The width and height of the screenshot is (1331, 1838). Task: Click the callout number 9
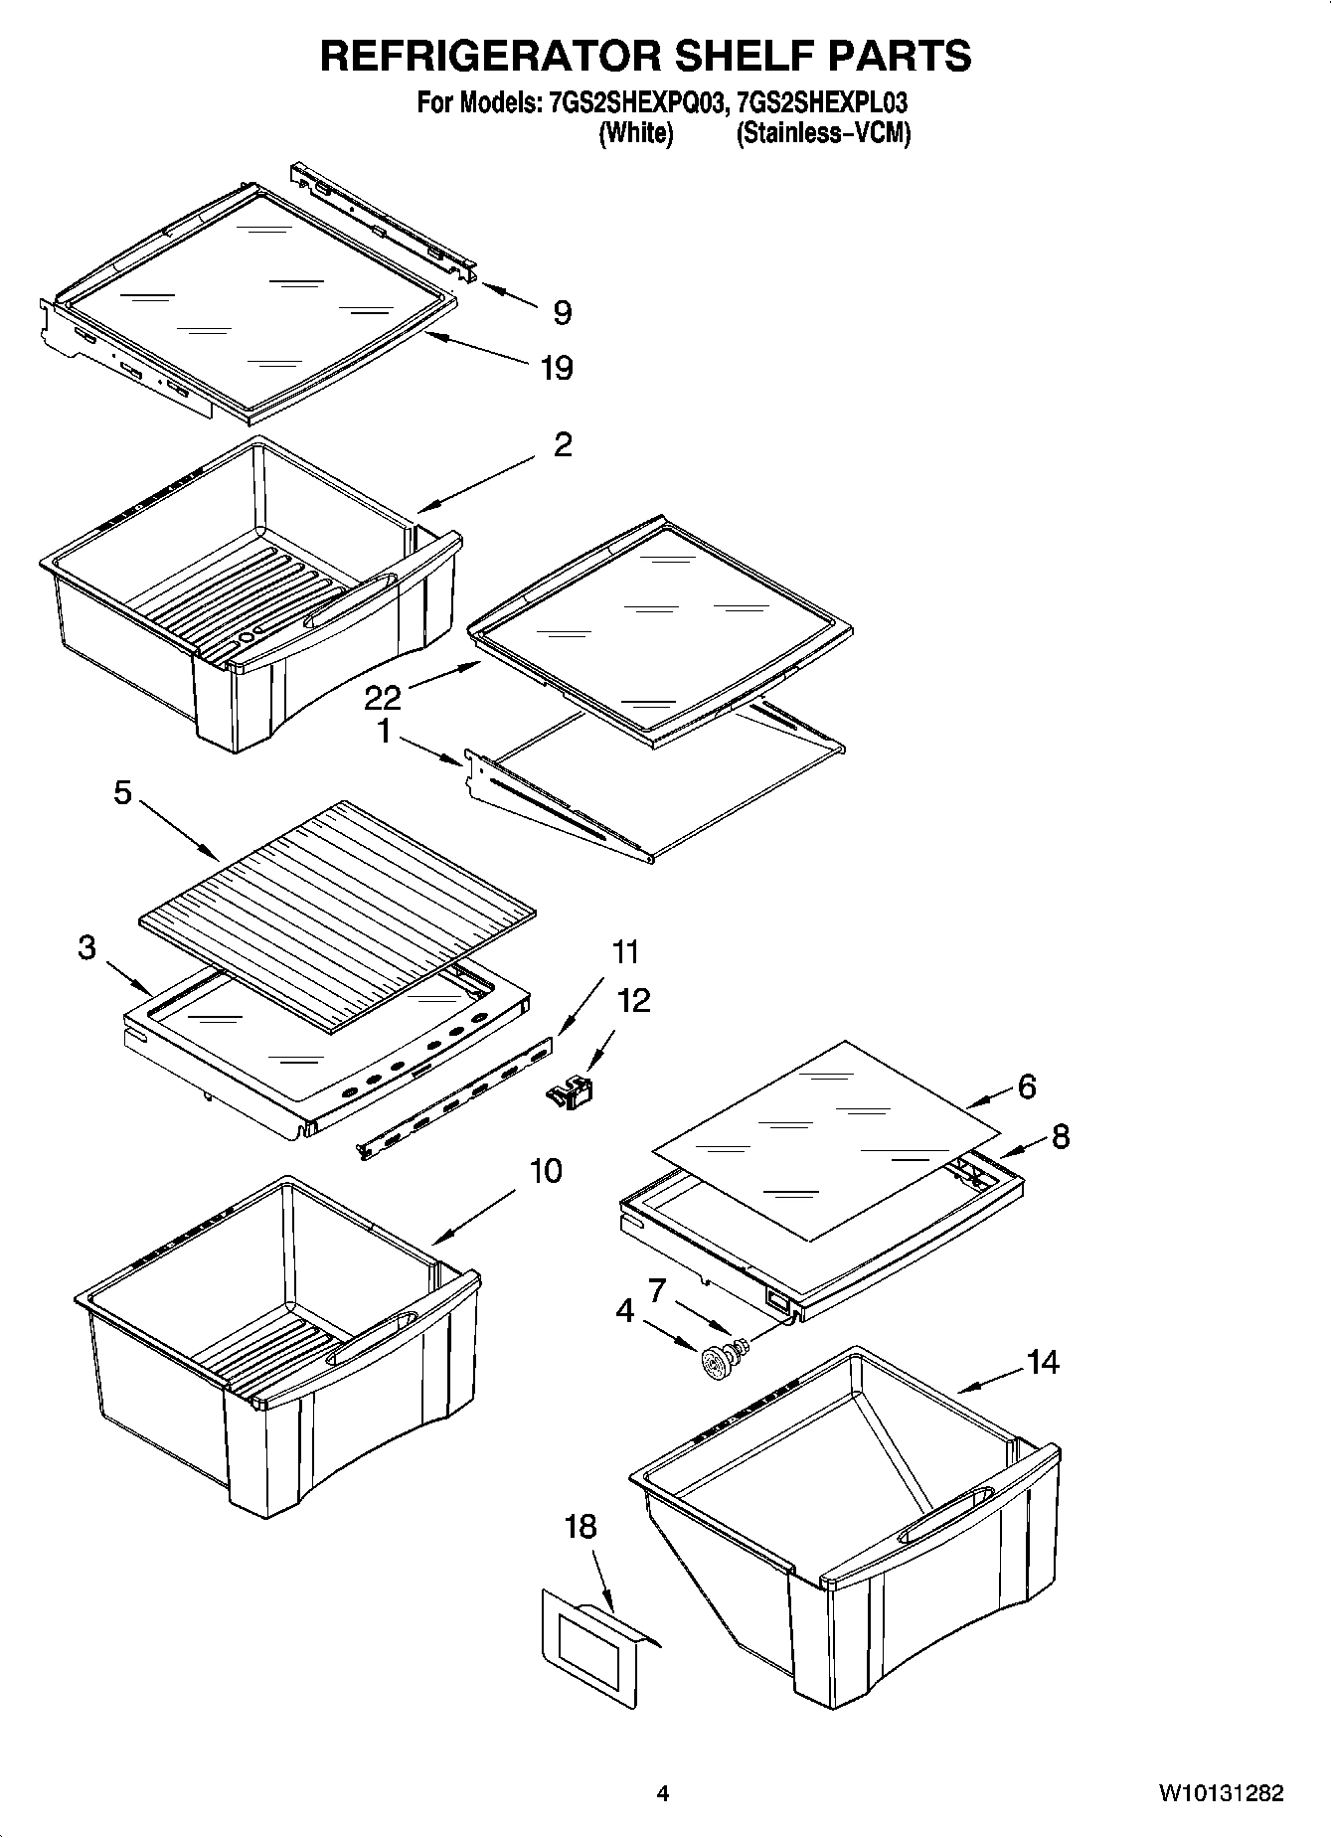(x=563, y=313)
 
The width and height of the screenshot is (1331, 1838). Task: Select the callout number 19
(x=557, y=369)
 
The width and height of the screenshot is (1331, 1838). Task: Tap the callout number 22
(x=383, y=697)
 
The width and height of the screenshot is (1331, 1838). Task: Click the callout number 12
(x=634, y=999)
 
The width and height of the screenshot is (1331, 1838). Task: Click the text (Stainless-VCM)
(x=822, y=133)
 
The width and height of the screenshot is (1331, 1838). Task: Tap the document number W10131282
(x=1220, y=1793)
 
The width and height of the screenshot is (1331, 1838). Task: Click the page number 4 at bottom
(x=663, y=1793)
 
